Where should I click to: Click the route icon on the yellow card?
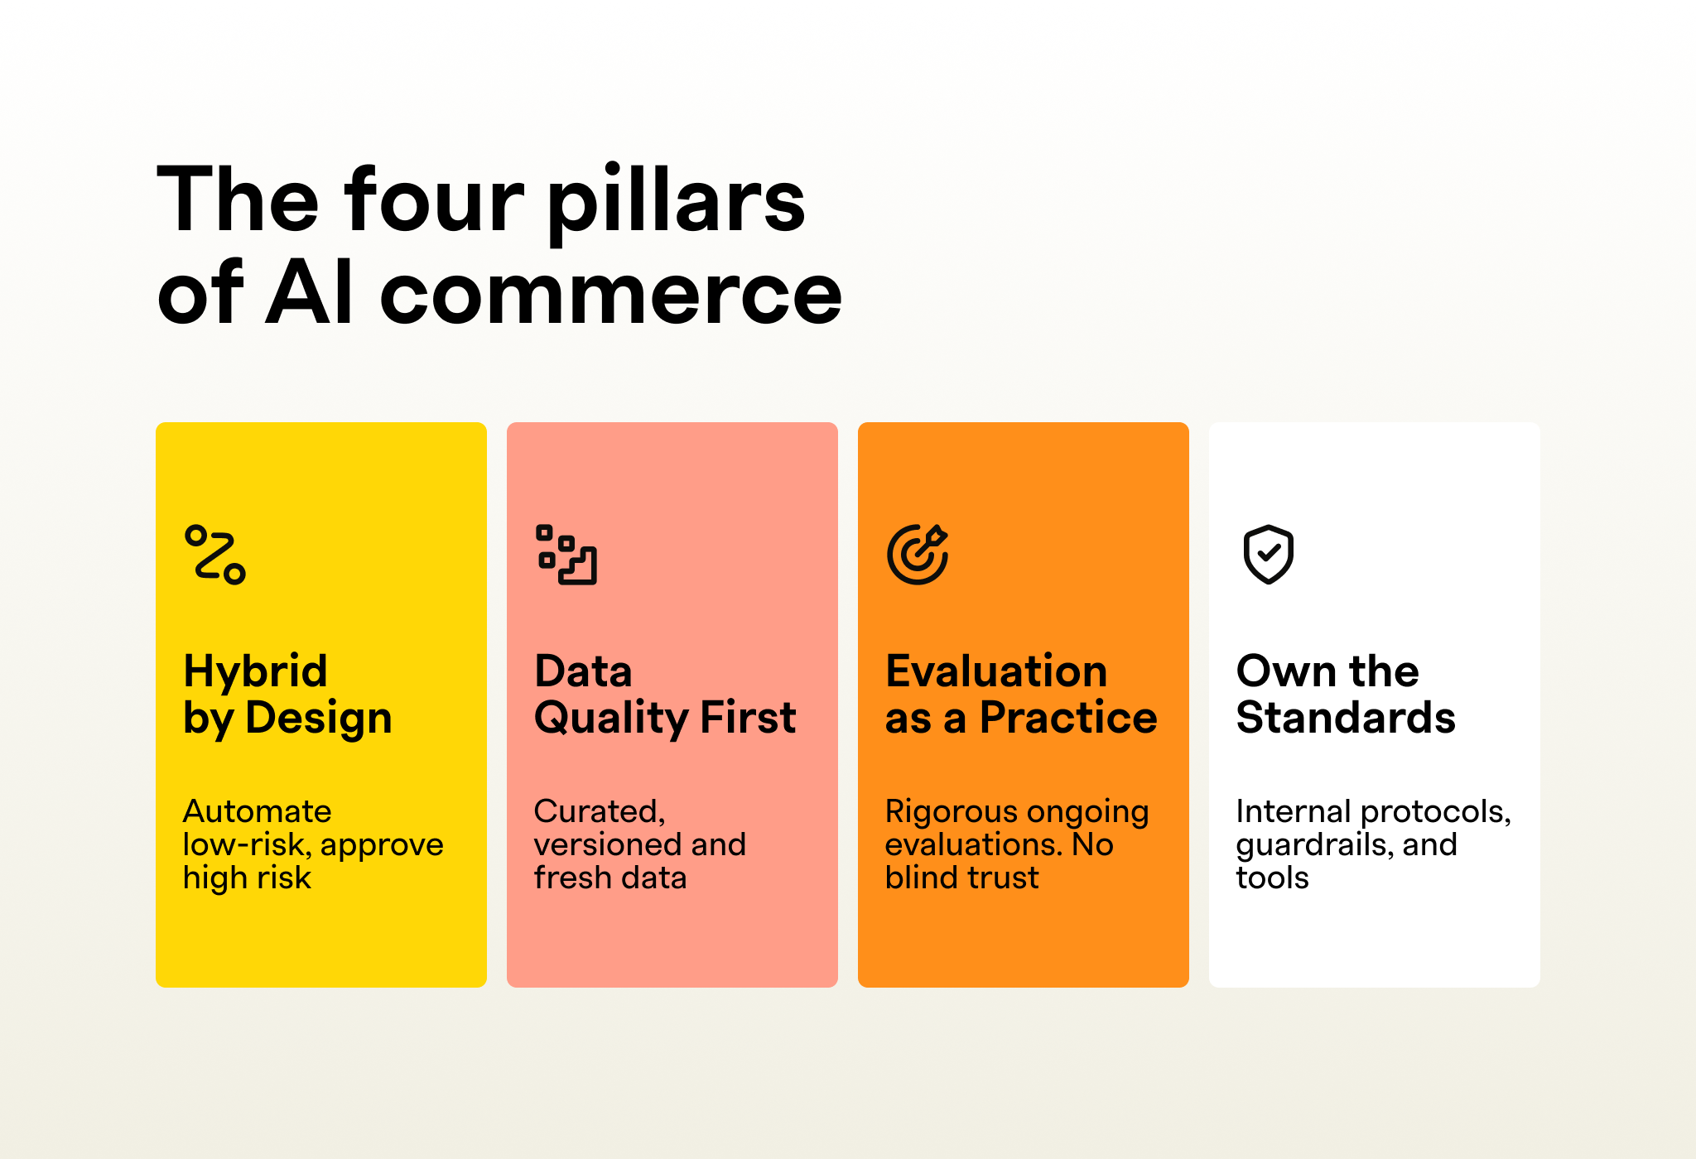pos(215,555)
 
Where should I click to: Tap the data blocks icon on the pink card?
pos(566,555)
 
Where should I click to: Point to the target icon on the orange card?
pos(918,555)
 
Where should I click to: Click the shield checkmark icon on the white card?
pos(1269,555)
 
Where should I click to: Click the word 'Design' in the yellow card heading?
pos(319,717)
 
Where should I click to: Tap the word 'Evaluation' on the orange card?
pos(996,671)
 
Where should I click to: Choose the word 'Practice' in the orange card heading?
pos(1068,717)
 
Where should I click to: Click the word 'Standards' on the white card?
pos(1346,717)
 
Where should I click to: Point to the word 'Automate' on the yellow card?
pos(257,811)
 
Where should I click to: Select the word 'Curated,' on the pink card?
pos(600,812)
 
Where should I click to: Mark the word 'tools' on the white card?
pos(1273,878)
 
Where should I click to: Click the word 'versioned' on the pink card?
pos(609,844)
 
